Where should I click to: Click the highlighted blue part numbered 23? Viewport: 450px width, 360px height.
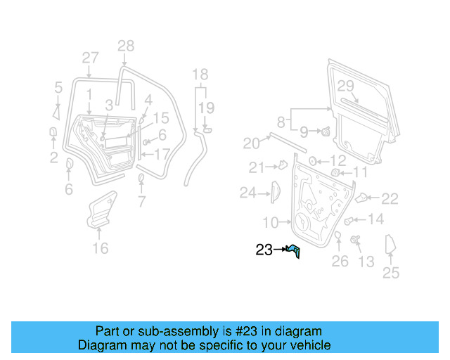[295, 250]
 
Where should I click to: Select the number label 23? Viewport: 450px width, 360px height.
[264, 250]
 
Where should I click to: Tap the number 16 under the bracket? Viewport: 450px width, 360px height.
[101, 248]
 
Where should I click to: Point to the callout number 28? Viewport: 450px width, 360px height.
[125, 46]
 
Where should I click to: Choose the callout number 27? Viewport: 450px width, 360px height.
[90, 58]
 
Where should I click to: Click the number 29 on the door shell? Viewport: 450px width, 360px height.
[345, 86]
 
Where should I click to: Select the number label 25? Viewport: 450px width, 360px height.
[390, 273]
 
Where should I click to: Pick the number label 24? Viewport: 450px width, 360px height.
[247, 192]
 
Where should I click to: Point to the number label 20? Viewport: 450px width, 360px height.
[252, 143]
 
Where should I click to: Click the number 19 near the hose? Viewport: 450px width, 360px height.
[205, 108]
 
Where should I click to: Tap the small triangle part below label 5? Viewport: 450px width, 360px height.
[56, 111]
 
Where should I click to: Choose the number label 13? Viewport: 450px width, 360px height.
[366, 262]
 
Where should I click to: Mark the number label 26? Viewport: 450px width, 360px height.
[340, 262]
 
